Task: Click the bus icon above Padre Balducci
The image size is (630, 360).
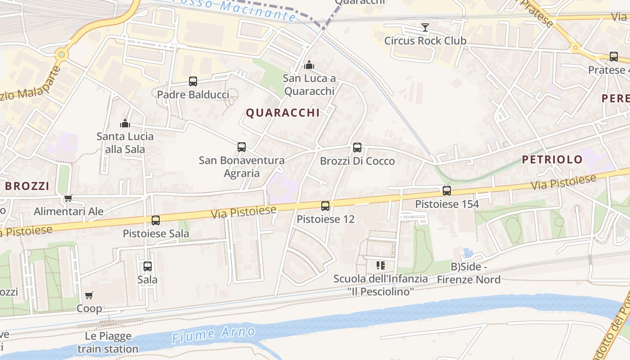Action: [x=193, y=81]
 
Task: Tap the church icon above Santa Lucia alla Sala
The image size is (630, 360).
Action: [x=125, y=123]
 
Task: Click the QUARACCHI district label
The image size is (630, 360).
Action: [x=283, y=113]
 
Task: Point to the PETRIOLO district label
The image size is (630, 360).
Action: [x=552, y=159]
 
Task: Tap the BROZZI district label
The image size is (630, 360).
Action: [x=27, y=186]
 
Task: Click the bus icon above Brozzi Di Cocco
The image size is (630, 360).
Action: [x=357, y=148]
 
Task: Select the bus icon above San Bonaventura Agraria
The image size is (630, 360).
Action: [x=242, y=147]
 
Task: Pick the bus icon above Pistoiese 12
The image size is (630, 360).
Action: [x=325, y=206]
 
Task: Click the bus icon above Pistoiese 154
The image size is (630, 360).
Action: [x=447, y=191]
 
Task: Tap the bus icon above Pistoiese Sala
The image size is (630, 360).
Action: [x=156, y=220]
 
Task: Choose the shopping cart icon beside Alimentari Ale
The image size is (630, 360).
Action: [x=68, y=198]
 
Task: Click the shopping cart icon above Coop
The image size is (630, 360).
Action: [x=89, y=296]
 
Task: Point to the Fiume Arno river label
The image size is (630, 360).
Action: [x=214, y=334]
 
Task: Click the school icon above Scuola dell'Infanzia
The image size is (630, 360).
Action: [x=381, y=265]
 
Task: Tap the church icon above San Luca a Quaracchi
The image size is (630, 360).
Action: [x=309, y=65]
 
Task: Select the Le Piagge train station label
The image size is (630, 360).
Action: [x=108, y=342]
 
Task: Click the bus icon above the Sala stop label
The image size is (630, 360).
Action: [x=148, y=266]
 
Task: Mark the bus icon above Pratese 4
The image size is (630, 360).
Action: [x=614, y=57]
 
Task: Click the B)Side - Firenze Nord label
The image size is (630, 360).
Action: [x=469, y=273]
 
